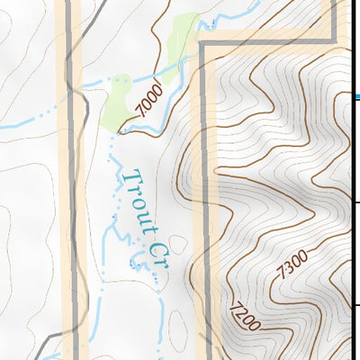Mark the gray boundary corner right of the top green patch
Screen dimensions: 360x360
202,43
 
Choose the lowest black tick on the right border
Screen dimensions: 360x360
356,306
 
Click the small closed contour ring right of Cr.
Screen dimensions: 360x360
177,243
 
